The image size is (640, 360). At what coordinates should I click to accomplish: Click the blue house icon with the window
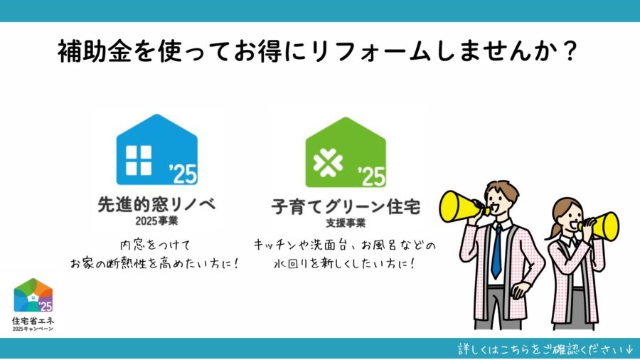coord(156,149)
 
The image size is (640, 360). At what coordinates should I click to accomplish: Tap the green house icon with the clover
coord(346,152)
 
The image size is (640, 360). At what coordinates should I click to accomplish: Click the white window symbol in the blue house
coord(139,160)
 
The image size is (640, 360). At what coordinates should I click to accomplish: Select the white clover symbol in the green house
coord(328,163)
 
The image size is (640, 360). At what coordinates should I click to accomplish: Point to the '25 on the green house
coord(371,176)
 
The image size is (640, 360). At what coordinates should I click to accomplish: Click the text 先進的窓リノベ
coord(156,204)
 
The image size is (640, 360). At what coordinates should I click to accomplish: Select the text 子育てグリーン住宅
coord(346,207)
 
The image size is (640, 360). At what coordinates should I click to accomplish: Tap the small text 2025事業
coord(156,221)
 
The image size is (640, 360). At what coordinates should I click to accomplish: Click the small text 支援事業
coord(346,223)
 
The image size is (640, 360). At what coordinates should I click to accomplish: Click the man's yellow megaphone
coord(462,206)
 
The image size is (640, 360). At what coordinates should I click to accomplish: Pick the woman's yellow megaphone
coord(601,226)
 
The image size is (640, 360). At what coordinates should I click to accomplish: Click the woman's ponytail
coord(553,231)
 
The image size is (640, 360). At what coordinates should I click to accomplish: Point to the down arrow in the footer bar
coord(629,350)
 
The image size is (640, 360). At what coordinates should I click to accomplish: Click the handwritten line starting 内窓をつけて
coord(156,245)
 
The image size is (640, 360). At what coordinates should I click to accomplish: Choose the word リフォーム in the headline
coord(371,51)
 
